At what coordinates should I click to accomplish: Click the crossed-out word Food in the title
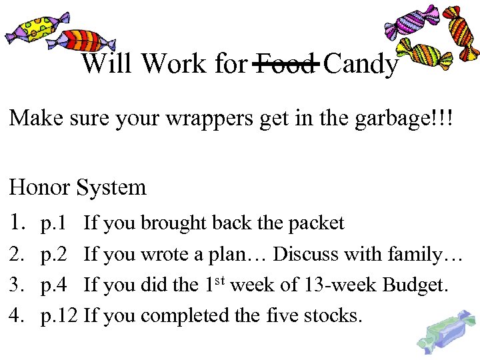[285, 64]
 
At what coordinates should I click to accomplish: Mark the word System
[111, 188]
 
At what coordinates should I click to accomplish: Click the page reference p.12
[60, 315]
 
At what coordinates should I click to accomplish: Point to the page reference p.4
[55, 285]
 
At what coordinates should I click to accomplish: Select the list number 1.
[17, 222]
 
